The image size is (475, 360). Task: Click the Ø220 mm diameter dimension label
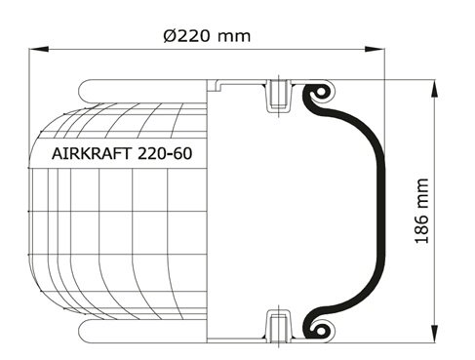point(207,35)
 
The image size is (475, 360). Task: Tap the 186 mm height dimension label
point(422,211)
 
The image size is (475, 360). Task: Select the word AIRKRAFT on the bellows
point(92,153)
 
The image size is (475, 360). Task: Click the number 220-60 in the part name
point(165,153)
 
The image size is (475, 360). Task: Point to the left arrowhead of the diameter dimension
point(39,49)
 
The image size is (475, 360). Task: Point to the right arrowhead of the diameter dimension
point(375,49)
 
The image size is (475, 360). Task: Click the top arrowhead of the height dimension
point(434,89)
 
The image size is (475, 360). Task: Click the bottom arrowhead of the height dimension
point(434,333)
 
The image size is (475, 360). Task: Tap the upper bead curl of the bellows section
point(319,92)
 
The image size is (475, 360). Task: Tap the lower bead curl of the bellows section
point(319,330)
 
